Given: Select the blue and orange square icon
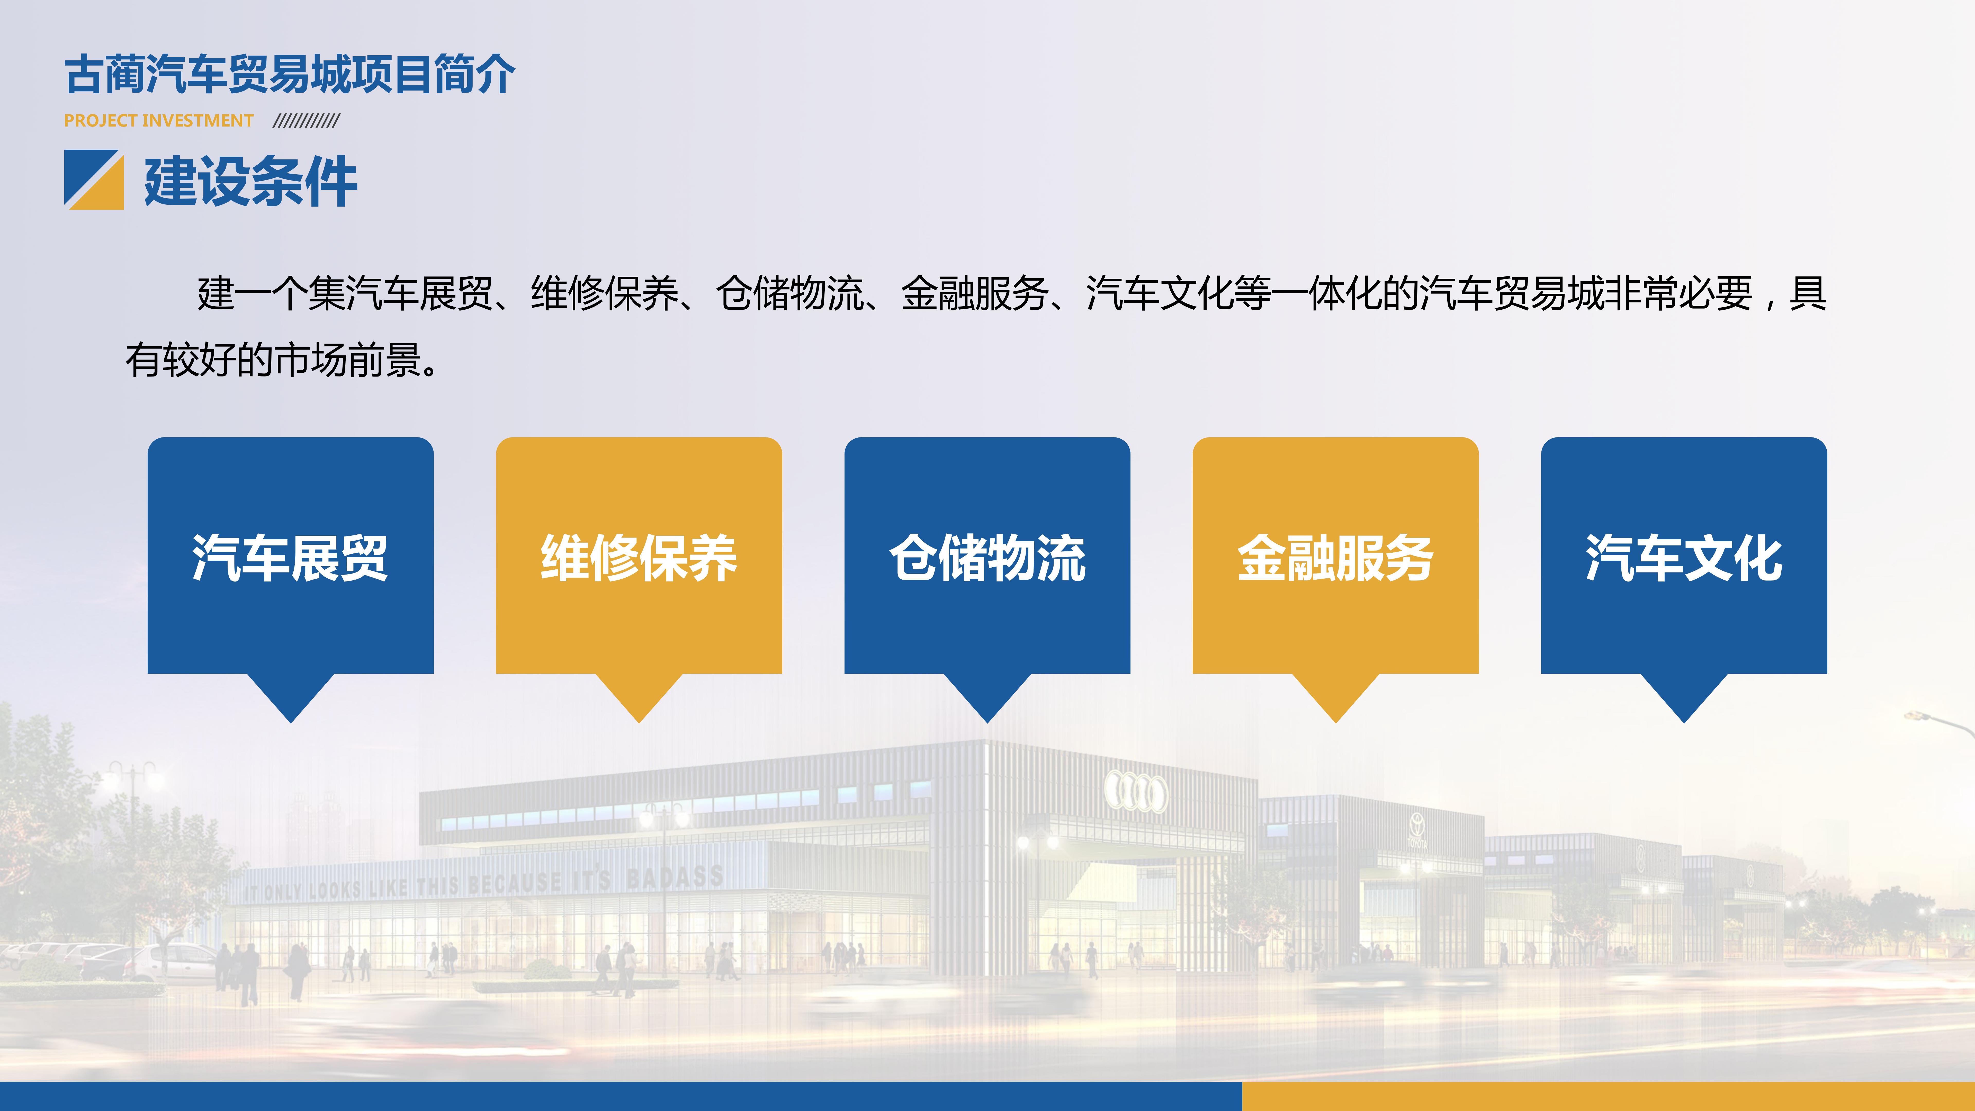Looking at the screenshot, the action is click(x=94, y=180).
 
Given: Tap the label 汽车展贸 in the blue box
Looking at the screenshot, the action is click(x=291, y=557).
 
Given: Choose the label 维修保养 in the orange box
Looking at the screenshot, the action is click(x=639, y=557).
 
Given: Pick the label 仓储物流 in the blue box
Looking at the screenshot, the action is click(x=987, y=557).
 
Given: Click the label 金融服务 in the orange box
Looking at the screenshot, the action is click(x=1336, y=557).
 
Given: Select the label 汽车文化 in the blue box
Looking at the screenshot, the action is click(x=1684, y=557).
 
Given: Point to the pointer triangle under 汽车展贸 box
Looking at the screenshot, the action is click(x=291, y=694).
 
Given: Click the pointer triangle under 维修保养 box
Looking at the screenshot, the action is click(x=639, y=694).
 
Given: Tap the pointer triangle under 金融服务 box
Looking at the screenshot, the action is click(x=1336, y=694).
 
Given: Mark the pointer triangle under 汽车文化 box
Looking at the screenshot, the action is click(x=1684, y=694).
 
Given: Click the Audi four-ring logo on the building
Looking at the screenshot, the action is click(x=1136, y=791).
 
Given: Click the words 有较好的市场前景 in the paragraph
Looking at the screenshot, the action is click(x=274, y=360).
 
